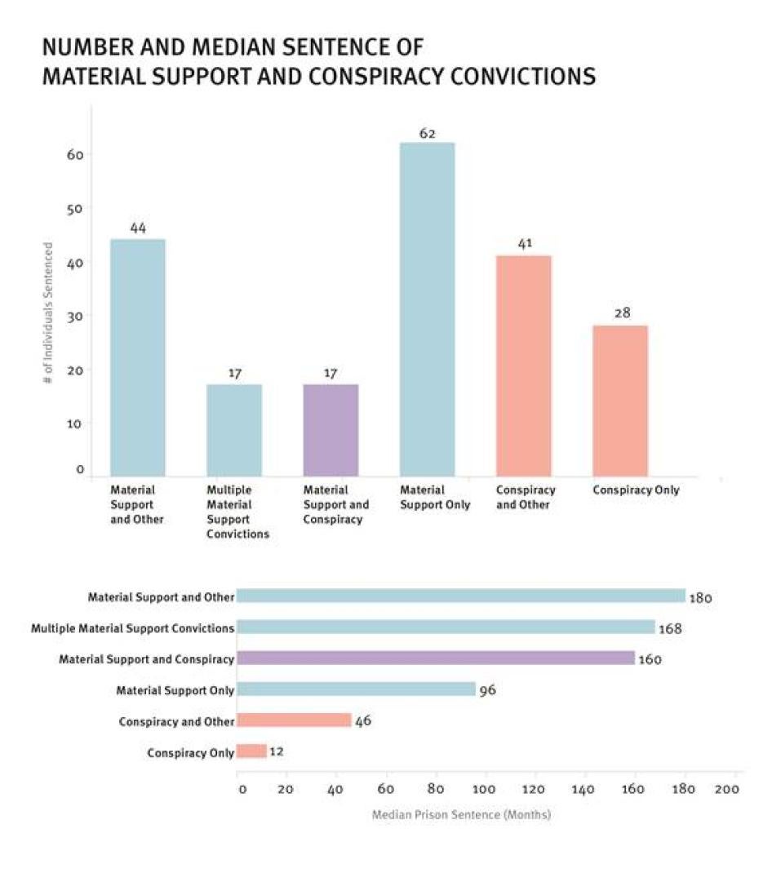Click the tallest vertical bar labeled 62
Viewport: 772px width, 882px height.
(427, 310)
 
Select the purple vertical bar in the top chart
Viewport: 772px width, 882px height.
(331, 430)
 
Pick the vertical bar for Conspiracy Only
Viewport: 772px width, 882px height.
(620, 401)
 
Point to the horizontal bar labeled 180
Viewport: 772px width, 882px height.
(460, 596)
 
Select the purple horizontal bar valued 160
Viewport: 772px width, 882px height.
(435, 658)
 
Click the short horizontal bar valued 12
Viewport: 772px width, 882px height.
(251, 751)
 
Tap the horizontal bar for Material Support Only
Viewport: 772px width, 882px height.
(356, 689)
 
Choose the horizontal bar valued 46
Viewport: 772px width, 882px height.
(294, 720)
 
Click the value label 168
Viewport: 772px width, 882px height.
(671, 628)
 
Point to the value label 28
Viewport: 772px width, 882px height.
(622, 312)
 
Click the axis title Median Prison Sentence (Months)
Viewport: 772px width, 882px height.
(461, 814)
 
